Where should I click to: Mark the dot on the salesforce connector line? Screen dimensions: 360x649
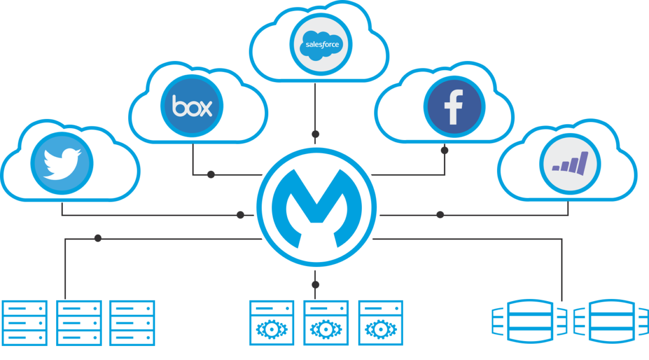pos(315,134)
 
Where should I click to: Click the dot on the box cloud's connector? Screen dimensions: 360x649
pos(211,175)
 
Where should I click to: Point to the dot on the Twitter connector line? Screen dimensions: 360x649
pos(241,215)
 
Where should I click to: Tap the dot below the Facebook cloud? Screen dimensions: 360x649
pos(445,150)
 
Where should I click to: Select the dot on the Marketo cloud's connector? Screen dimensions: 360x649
pos(440,215)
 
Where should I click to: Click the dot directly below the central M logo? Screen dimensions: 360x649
pos(316,284)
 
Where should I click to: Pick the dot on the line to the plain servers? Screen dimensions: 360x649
pos(98,238)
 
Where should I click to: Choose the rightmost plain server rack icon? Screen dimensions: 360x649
pos(133,323)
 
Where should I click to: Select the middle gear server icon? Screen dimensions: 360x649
pos(326,323)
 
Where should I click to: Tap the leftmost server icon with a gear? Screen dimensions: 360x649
pos(271,323)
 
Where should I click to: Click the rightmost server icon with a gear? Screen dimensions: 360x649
pos(380,323)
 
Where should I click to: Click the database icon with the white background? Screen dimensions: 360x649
pos(531,322)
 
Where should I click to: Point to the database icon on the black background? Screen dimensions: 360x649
pos(611,321)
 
